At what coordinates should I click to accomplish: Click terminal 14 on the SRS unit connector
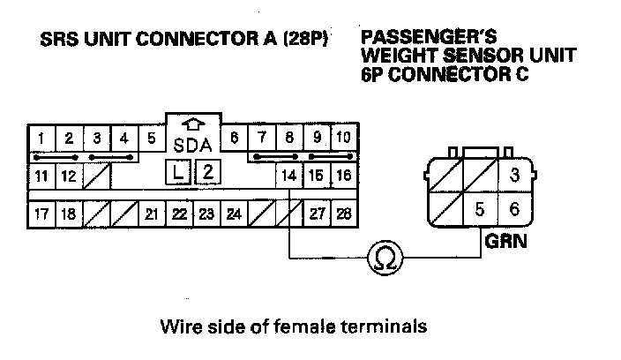pyautogui.click(x=288, y=175)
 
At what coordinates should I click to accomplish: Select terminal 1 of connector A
pyautogui.click(x=41, y=139)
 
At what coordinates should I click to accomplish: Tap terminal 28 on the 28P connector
pyautogui.click(x=343, y=214)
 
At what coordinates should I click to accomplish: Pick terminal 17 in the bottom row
pyautogui.click(x=41, y=214)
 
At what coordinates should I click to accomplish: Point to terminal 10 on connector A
pyautogui.click(x=343, y=139)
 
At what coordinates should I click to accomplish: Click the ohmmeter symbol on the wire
pyautogui.click(x=385, y=257)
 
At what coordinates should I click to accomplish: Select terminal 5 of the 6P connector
pyautogui.click(x=480, y=210)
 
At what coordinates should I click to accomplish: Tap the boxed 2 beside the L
pyautogui.click(x=206, y=172)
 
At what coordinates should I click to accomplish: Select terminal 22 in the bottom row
pyautogui.click(x=179, y=214)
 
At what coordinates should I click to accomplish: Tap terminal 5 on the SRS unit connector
pyautogui.click(x=152, y=139)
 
